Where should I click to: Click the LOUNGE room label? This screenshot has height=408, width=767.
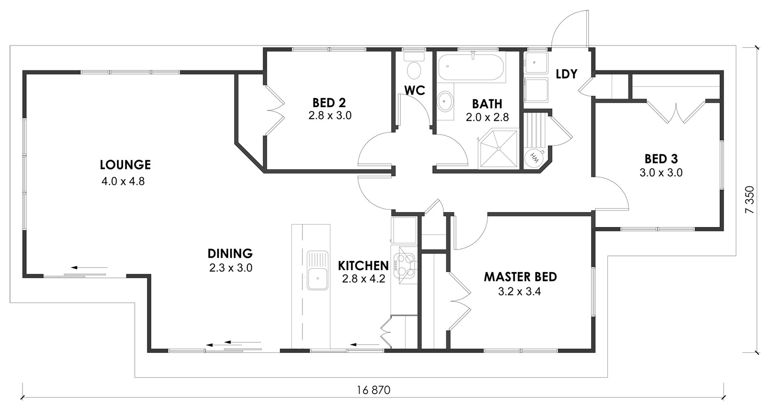click(125, 165)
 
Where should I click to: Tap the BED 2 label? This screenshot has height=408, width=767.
click(329, 102)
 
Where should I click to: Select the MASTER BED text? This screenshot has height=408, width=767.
click(520, 277)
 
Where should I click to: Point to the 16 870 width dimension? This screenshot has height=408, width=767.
click(373, 390)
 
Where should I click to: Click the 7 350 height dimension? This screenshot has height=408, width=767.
click(750, 200)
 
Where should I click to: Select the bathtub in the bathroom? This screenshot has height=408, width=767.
click(472, 68)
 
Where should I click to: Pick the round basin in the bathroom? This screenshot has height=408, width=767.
click(445, 101)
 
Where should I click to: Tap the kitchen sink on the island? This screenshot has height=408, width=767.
click(317, 271)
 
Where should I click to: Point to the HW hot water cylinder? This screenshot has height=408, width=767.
click(535, 158)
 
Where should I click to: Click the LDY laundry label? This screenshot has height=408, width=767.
click(566, 74)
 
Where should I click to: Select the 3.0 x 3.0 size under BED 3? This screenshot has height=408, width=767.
click(661, 173)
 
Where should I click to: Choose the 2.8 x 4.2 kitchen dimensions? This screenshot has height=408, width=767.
click(364, 279)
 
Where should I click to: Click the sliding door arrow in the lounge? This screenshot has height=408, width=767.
click(89, 267)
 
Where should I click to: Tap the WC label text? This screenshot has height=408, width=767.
click(415, 91)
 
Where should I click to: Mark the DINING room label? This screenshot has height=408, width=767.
click(230, 254)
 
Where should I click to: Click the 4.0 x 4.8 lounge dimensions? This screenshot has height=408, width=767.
click(123, 181)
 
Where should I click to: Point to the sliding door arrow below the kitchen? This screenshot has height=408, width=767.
click(365, 344)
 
